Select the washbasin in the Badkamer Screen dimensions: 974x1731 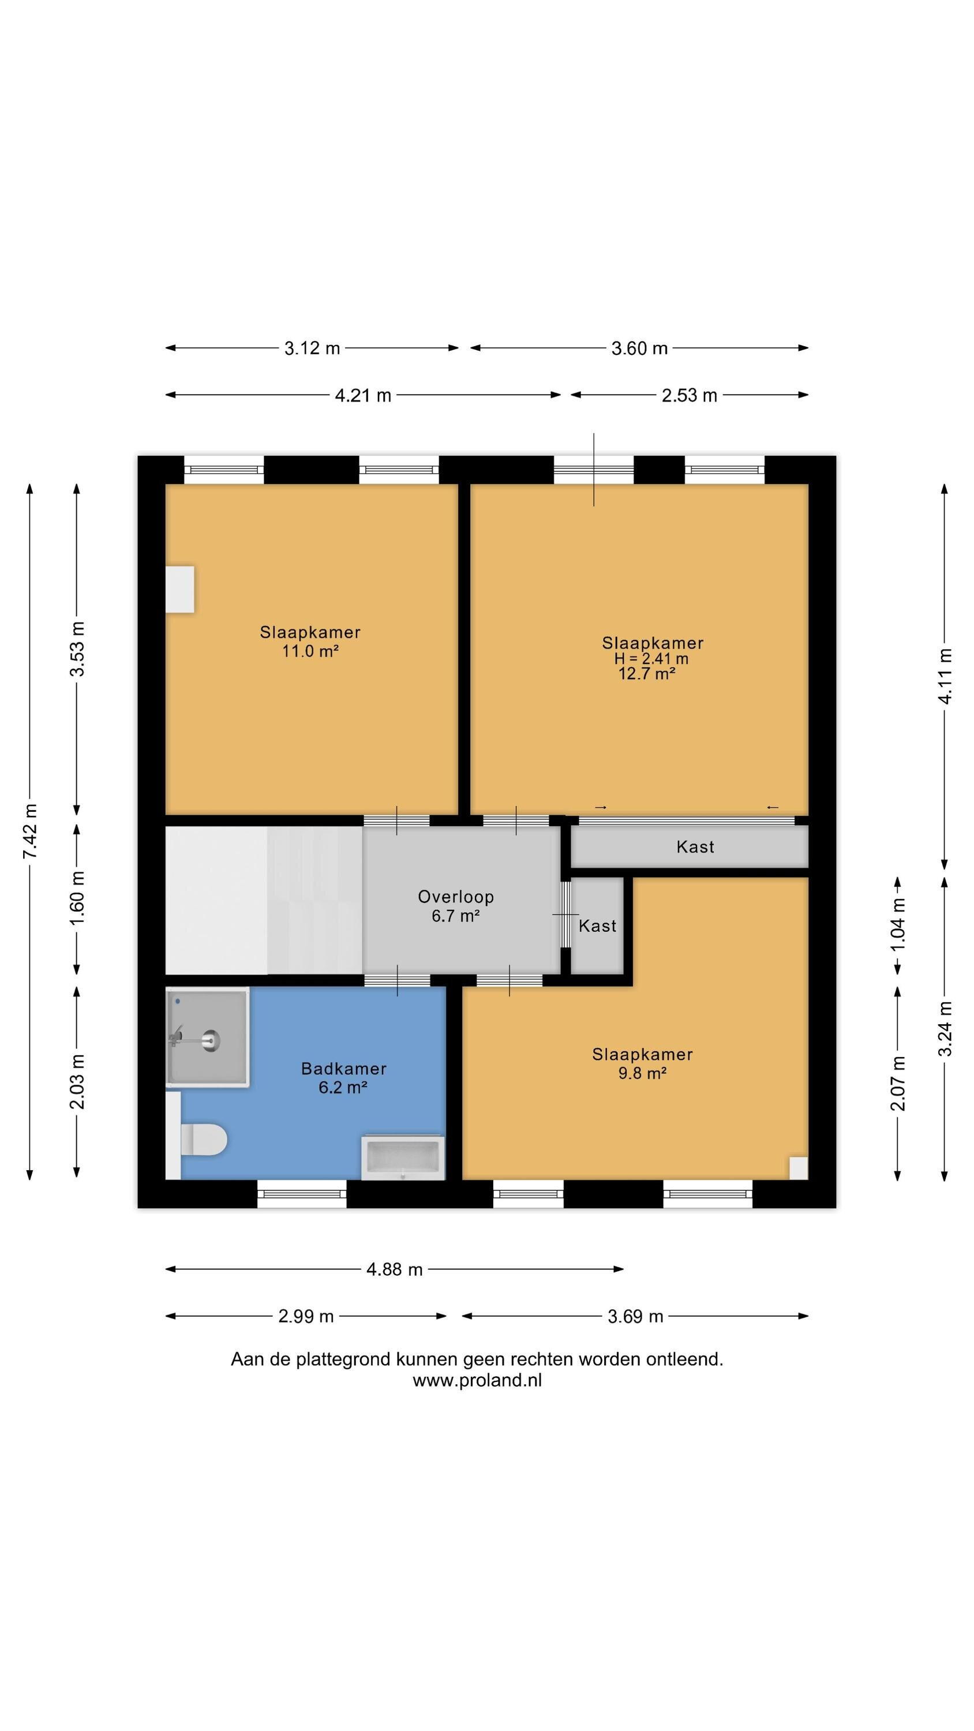pyautogui.click(x=403, y=1157)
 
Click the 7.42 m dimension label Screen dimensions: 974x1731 pyautogui.click(x=29, y=830)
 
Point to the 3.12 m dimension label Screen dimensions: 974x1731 pyautogui.click(x=312, y=348)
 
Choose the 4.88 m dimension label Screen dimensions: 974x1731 pyautogui.click(x=395, y=1269)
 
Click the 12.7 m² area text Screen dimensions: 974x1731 pyautogui.click(x=647, y=673)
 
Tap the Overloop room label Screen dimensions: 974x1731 pyautogui.click(x=456, y=897)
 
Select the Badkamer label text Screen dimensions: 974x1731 pyautogui.click(x=343, y=1069)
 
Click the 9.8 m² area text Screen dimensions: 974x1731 pyautogui.click(x=643, y=1073)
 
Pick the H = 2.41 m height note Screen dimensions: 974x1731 pyautogui.click(x=651, y=658)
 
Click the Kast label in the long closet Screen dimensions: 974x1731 pyautogui.click(x=695, y=846)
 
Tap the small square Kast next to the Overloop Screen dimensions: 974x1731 pyautogui.click(x=597, y=926)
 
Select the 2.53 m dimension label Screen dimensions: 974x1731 pyautogui.click(x=690, y=395)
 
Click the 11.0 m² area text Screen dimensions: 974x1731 pyautogui.click(x=310, y=650)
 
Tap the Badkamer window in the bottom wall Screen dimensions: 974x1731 pyautogui.click(x=302, y=1194)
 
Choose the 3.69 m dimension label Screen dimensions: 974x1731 pyautogui.click(x=635, y=1316)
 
